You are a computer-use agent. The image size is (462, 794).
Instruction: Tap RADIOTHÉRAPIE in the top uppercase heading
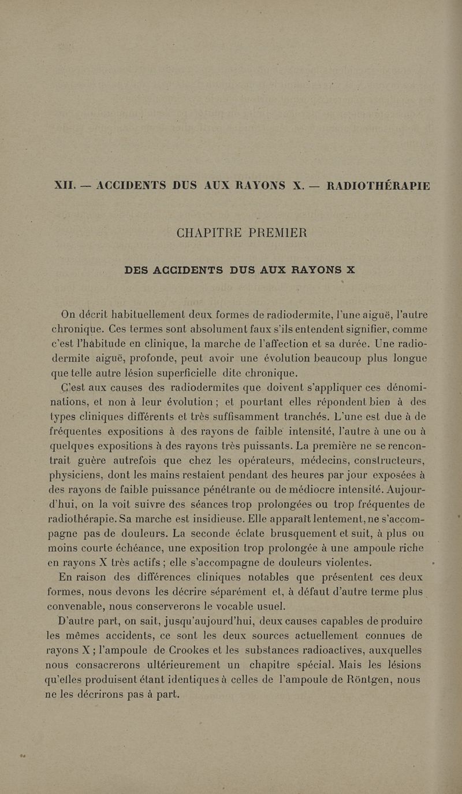tap(378, 185)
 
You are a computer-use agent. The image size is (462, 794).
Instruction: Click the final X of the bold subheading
tap(350, 269)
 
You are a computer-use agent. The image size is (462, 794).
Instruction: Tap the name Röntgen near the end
tap(360, 680)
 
